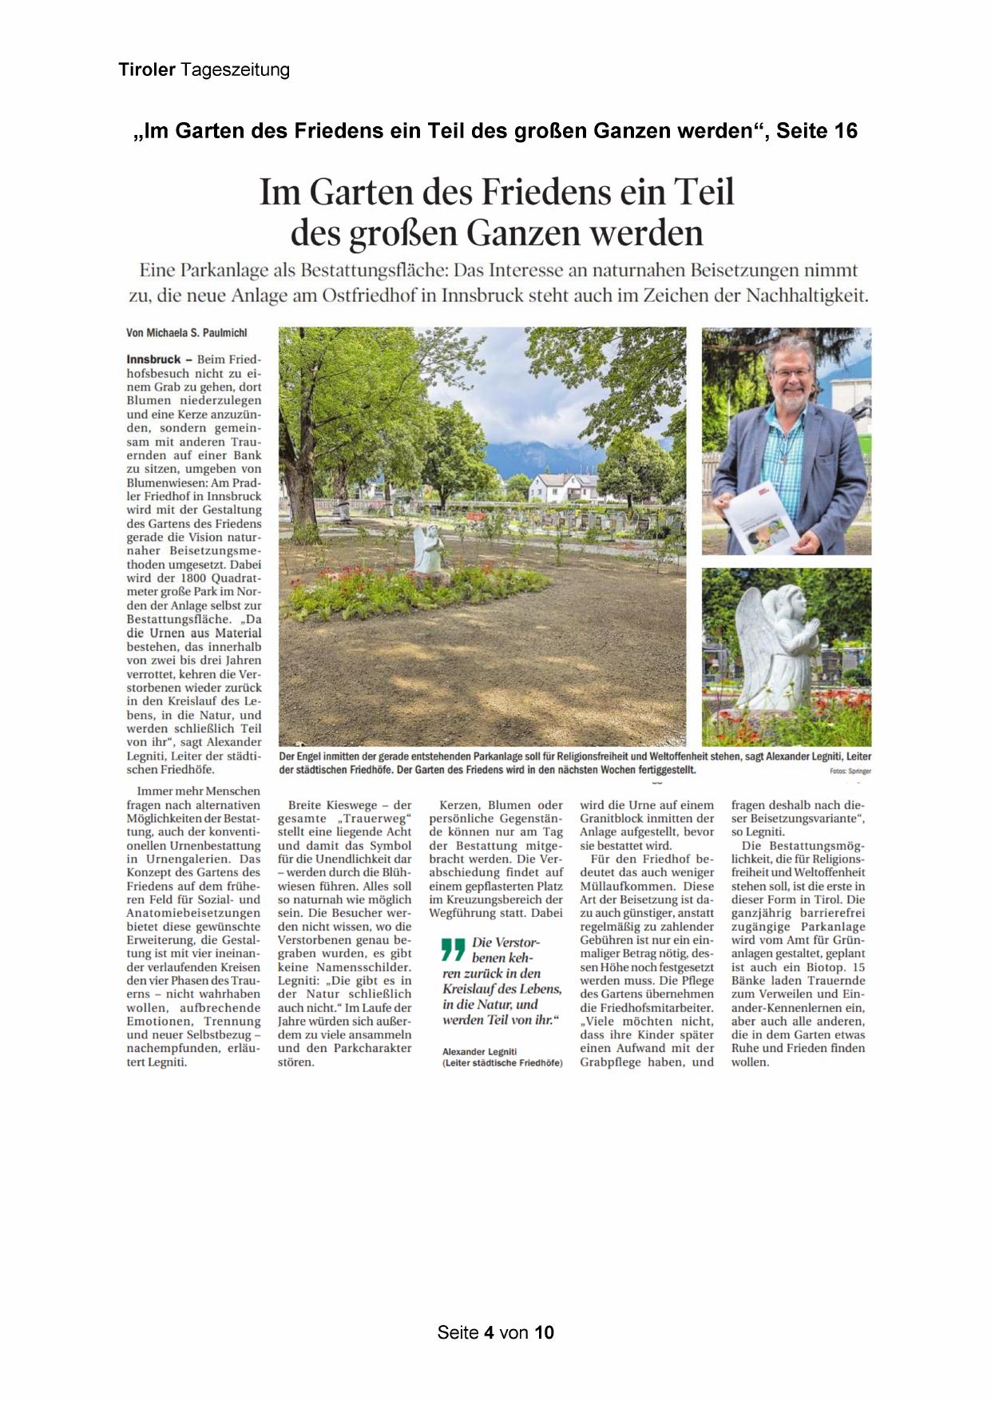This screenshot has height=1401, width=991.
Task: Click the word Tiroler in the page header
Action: pyautogui.click(x=147, y=70)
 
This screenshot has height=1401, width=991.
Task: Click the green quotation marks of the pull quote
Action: pyautogui.click(x=453, y=950)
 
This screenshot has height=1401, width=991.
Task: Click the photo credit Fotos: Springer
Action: pyautogui.click(x=850, y=771)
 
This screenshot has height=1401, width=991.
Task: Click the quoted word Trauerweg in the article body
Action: pyautogui.click(x=375, y=819)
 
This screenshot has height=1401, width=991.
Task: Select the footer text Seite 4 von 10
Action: pyautogui.click(x=495, y=1332)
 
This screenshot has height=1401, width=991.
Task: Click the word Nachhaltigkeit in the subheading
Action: pyautogui.click(x=807, y=296)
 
